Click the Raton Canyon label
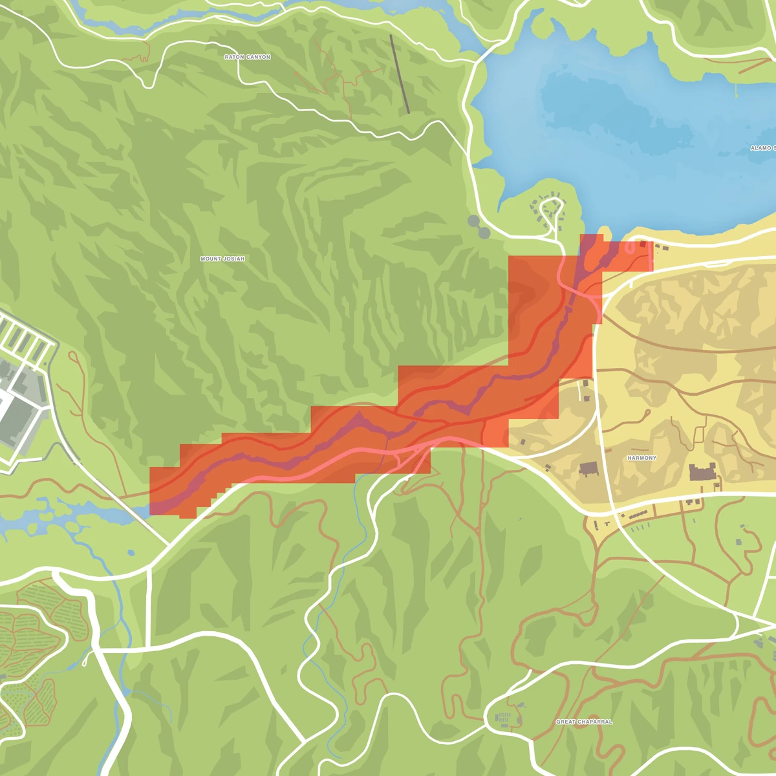click(247, 58)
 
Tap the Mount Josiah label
click(222, 259)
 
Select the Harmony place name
click(641, 458)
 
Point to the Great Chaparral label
click(584, 722)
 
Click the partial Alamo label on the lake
click(762, 148)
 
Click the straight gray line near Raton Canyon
click(400, 74)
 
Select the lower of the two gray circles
click(484, 232)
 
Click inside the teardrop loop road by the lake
click(552, 208)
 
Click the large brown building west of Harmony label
click(588, 469)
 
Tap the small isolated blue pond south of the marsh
click(131, 553)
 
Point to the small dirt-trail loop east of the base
click(73, 358)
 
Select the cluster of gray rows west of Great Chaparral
click(502, 718)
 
